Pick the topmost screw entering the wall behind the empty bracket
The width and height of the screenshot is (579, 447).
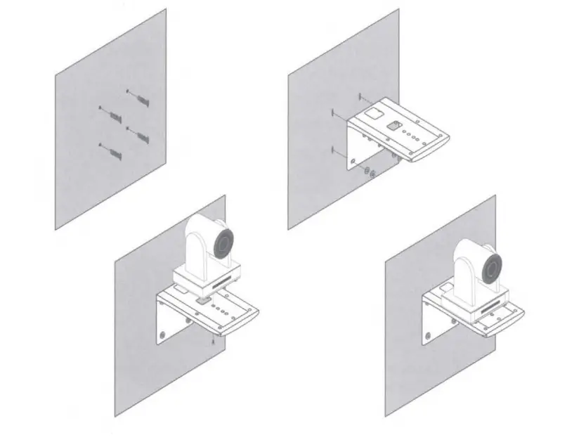pyautogui.click(x=360, y=97)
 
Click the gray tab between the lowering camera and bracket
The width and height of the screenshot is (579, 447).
pyautogui.click(x=203, y=298)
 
